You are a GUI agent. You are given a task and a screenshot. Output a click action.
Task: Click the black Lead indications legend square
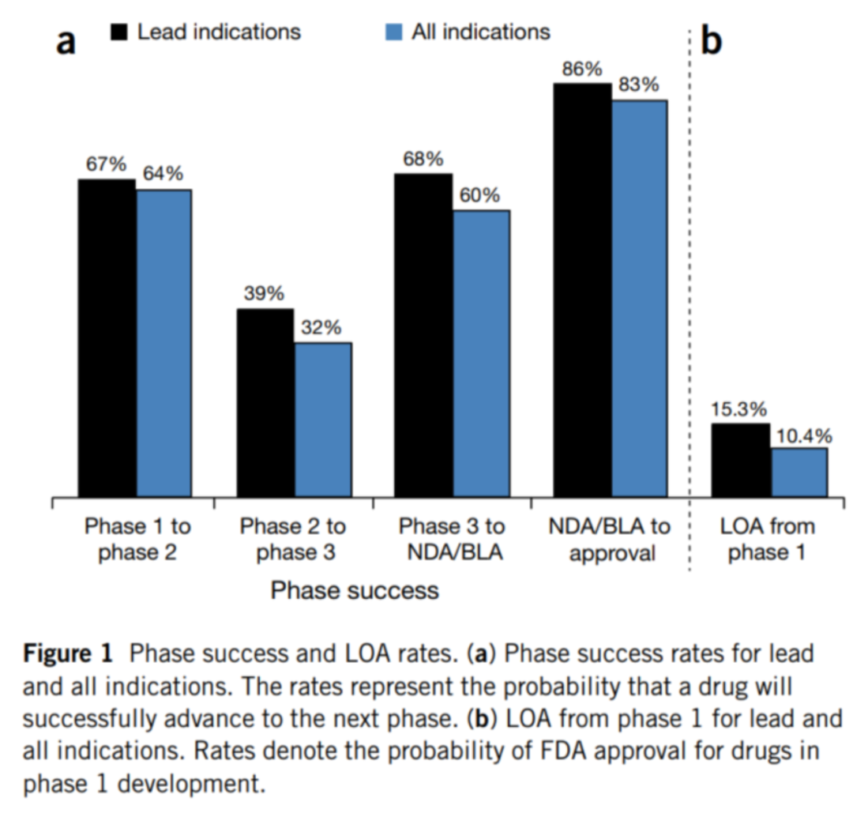[119, 32]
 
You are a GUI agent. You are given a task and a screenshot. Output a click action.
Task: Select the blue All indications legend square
[393, 32]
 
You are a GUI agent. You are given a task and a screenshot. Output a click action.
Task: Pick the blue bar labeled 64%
[163, 343]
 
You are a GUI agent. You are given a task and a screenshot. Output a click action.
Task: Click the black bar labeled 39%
[265, 403]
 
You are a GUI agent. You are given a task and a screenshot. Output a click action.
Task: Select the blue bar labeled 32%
[323, 420]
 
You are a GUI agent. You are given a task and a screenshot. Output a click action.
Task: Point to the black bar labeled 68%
[424, 335]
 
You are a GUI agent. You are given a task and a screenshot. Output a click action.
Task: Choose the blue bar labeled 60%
[481, 353]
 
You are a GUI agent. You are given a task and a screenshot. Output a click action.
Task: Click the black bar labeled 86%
[582, 290]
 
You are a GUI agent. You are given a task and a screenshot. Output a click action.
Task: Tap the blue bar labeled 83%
[639, 299]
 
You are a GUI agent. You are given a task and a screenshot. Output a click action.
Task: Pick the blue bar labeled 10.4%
[799, 472]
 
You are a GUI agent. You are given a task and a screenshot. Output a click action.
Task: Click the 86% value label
[582, 69]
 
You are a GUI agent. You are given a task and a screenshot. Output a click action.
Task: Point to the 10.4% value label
[799, 435]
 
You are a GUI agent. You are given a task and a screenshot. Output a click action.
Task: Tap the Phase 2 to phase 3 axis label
[293, 539]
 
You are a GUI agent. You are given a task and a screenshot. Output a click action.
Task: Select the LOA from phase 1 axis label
[767, 539]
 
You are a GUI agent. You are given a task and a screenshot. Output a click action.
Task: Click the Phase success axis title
[355, 589]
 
